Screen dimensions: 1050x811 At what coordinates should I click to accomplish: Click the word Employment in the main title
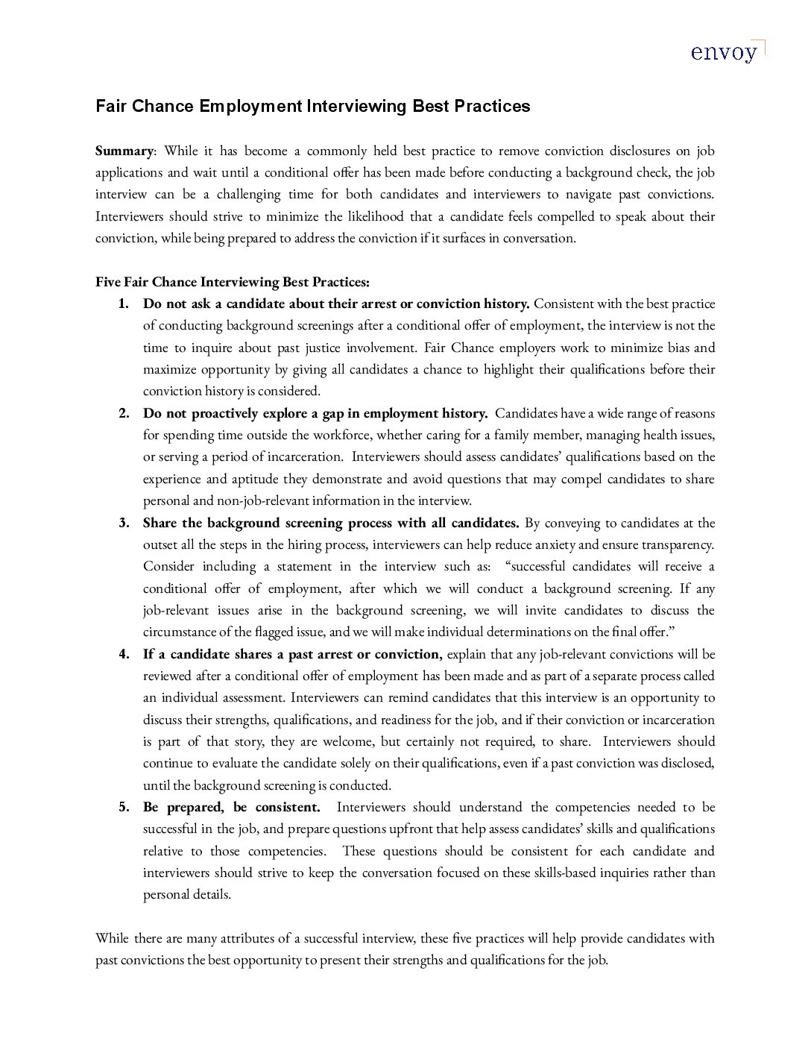pyautogui.click(x=250, y=107)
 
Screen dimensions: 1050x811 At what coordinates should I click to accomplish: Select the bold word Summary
pyautogui.click(x=124, y=151)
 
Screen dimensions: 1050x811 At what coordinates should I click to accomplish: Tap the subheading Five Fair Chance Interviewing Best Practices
pyautogui.click(x=232, y=283)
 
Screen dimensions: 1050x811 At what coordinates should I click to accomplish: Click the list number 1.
pyautogui.click(x=124, y=304)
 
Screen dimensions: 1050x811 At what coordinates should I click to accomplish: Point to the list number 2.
pyautogui.click(x=124, y=414)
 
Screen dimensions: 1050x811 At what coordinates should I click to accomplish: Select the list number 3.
pyautogui.click(x=124, y=523)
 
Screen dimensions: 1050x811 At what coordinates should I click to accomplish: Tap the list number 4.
pyautogui.click(x=124, y=655)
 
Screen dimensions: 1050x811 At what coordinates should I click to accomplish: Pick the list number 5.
pyautogui.click(x=124, y=808)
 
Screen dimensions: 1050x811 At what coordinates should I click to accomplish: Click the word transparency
pyautogui.click(x=678, y=544)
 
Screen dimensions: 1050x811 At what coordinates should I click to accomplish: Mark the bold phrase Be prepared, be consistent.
pyautogui.click(x=232, y=808)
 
